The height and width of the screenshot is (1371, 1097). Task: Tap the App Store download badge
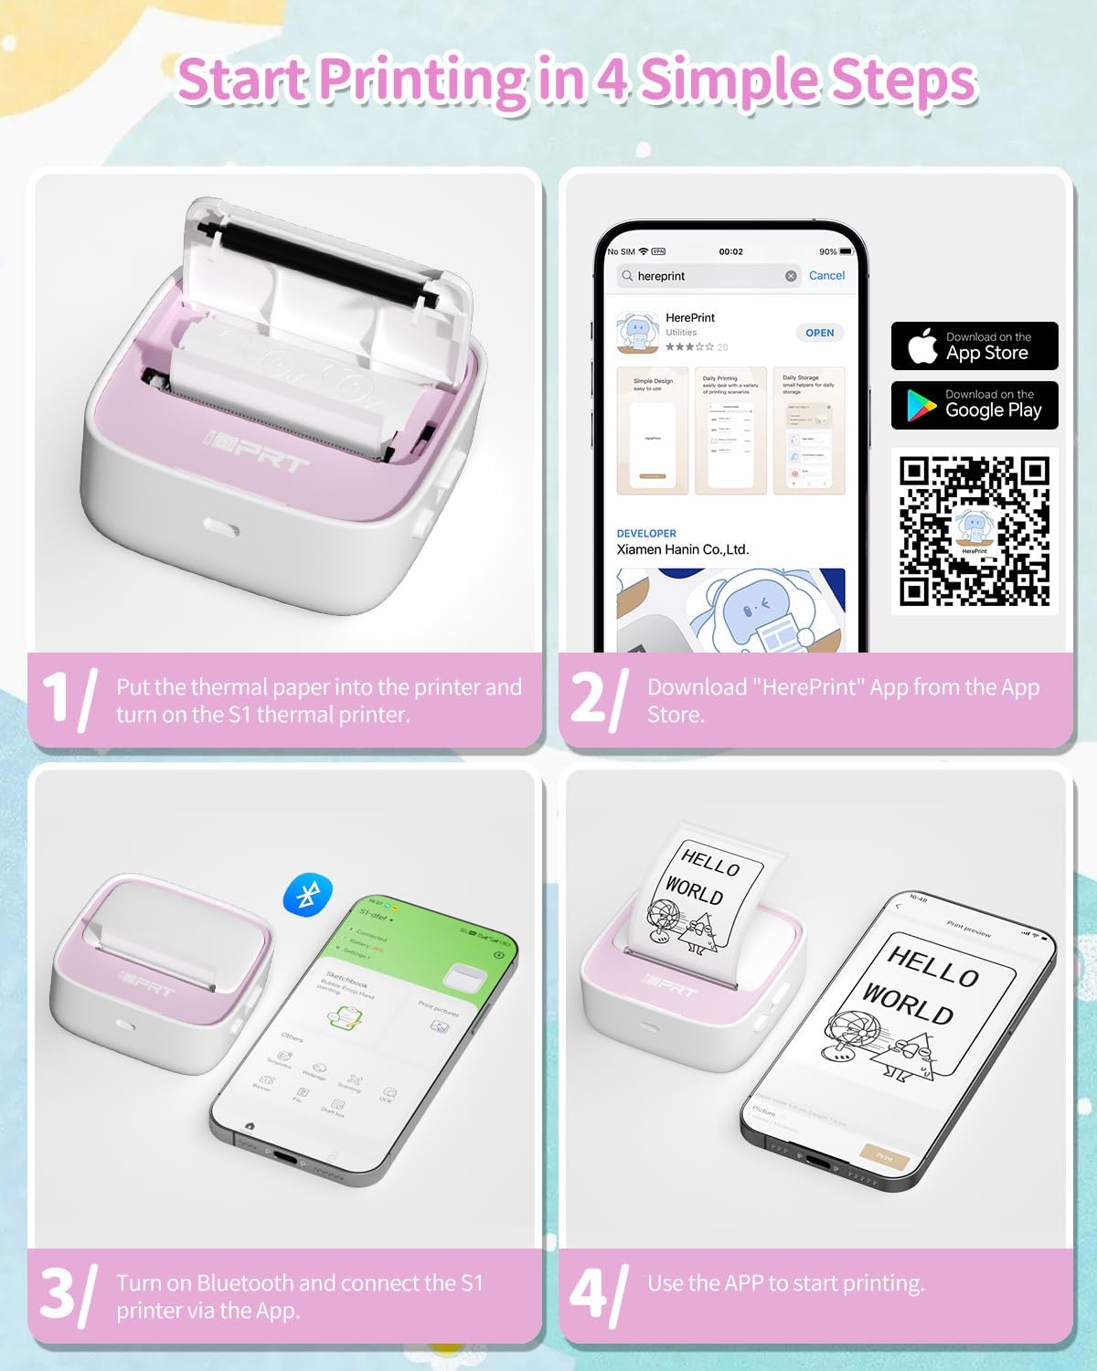(974, 346)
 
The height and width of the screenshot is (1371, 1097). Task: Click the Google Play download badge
(974, 405)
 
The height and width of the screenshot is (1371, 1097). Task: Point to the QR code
(974, 531)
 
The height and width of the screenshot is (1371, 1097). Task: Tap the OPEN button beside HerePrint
(819, 333)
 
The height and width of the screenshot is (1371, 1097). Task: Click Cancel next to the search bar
(826, 275)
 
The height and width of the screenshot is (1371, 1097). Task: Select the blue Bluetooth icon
(308, 893)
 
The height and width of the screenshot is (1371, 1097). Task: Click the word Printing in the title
(422, 80)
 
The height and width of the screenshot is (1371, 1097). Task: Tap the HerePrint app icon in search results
(638, 333)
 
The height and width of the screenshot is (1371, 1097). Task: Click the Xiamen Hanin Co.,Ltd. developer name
(682, 549)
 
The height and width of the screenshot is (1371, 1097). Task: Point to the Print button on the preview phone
(884, 1157)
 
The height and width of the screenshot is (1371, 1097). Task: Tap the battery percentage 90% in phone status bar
(828, 251)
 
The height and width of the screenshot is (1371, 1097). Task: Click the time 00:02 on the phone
(730, 251)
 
